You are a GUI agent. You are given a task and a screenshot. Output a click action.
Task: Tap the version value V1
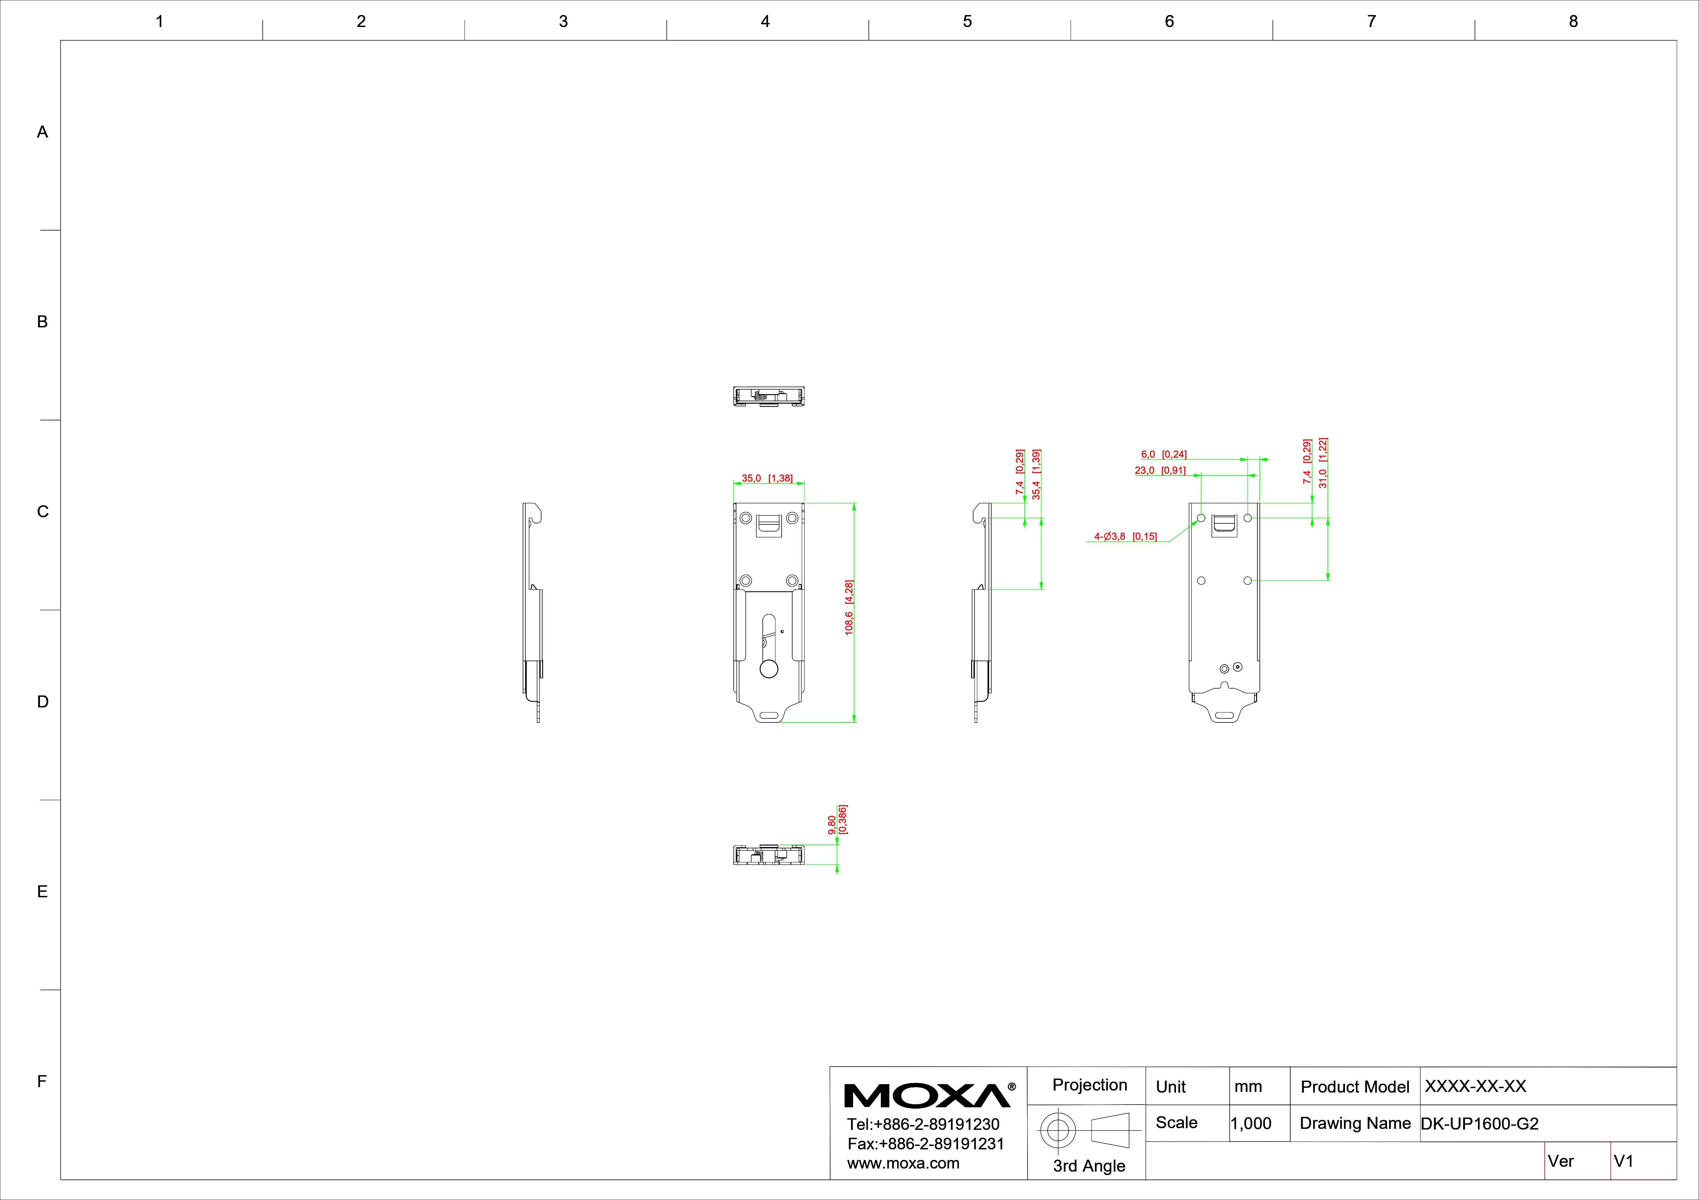[x=1623, y=1161]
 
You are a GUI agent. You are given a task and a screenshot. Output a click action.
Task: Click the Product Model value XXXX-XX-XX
[x=1476, y=1086]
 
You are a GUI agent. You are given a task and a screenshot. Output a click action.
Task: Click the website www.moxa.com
[x=903, y=1163]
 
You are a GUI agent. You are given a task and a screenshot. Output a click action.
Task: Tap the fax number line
[x=926, y=1144]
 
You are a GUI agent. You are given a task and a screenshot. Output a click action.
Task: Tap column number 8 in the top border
[x=1573, y=22]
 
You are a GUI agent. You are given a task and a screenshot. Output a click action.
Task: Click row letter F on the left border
[x=42, y=1082]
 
